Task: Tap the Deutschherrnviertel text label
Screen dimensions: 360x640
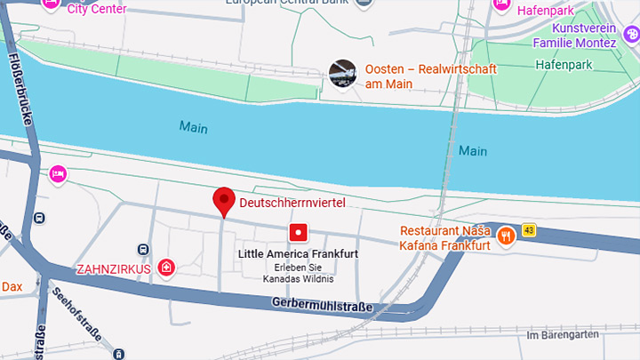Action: point(292,204)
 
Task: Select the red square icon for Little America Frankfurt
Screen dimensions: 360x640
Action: point(299,233)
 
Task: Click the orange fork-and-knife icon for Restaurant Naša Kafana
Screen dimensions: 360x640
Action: point(507,236)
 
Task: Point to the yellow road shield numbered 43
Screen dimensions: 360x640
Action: point(529,231)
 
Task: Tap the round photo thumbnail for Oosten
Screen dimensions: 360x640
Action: point(343,75)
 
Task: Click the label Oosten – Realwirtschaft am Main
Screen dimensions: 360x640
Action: point(430,76)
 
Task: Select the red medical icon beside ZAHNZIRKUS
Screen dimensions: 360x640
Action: point(166,268)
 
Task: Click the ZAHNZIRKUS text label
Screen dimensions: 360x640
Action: point(114,268)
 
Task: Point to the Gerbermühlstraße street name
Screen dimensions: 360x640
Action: point(322,305)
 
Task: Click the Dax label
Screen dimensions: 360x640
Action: point(12,286)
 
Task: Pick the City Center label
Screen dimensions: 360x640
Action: point(96,9)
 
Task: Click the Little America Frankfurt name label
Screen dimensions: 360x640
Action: point(299,254)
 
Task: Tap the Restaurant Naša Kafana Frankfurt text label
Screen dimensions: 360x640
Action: point(444,238)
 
